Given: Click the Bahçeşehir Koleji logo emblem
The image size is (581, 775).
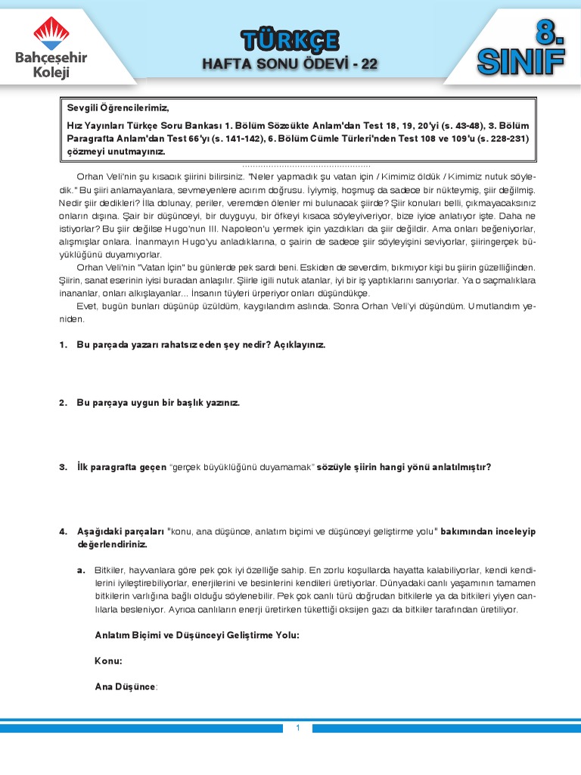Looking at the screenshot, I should pyautogui.click(x=51, y=33).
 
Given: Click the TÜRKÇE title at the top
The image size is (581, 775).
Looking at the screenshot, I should pyautogui.click(x=290, y=40).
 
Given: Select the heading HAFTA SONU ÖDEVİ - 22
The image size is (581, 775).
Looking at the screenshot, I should pyautogui.click(x=290, y=64).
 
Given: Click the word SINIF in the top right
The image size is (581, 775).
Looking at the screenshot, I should pyautogui.click(x=521, y=63).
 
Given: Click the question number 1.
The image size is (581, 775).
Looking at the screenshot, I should pyautogui.click(x=64, y=345).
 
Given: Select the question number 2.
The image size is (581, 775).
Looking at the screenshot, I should pyautogui.click(x=64, y=403).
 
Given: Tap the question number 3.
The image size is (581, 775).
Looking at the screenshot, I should pyautogui.click(x=64, y=467).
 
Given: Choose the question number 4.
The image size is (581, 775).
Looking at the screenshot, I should pyautogui.click(x=64, y=532).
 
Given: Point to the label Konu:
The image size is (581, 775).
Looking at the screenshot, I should pyautogui.click(x=108, y=661).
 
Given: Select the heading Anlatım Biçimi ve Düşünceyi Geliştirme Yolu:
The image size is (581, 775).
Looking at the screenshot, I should pyautogui.click(x=197, y=635).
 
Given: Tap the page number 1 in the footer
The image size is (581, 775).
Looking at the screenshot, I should pyautogui.click(x=298, y=728).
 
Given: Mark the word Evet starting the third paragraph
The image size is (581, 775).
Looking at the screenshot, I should pyautogui.click(x=88, y=306).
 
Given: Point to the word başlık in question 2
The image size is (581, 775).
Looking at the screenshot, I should pyautogui.click(x=179, y=403).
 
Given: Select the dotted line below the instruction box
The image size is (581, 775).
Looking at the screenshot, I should pyautogui.click(x=306, y=165).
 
